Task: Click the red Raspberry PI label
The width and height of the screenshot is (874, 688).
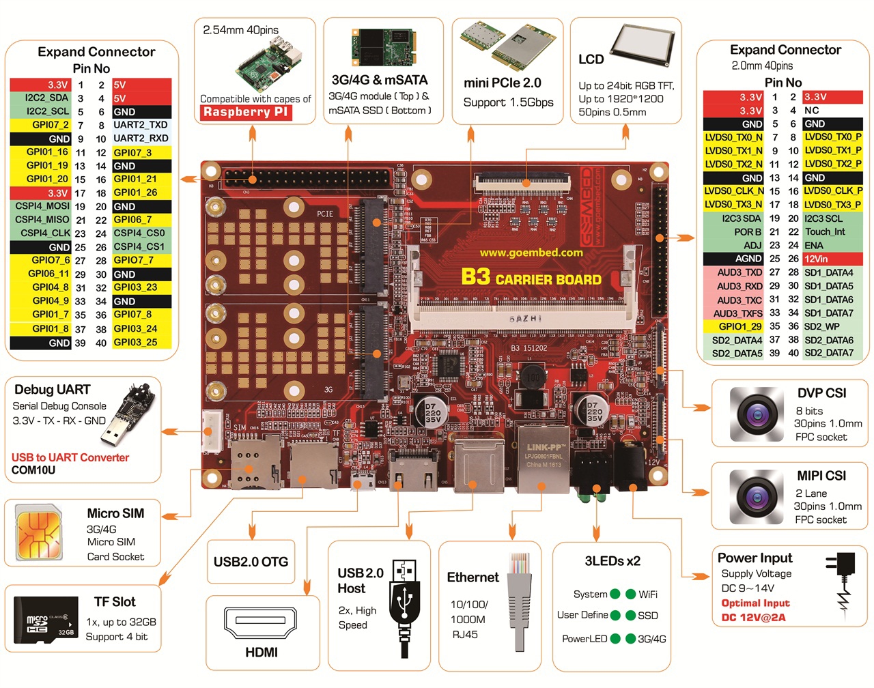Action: point(246,113)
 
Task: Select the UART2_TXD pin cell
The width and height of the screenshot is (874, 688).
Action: point(141,125)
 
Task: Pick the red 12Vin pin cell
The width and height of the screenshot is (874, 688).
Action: point(832,259)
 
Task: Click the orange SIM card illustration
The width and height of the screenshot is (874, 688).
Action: point(38,534)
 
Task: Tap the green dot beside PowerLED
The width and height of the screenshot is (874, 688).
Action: point(615,639)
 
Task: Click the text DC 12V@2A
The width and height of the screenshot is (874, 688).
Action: point(753,618)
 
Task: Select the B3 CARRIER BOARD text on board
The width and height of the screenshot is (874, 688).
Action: point(531,278)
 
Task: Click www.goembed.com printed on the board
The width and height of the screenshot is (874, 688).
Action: point(531,253)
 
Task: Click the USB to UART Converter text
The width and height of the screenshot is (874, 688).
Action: point(70,457)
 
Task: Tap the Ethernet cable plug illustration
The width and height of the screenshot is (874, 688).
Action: point(520,594)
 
